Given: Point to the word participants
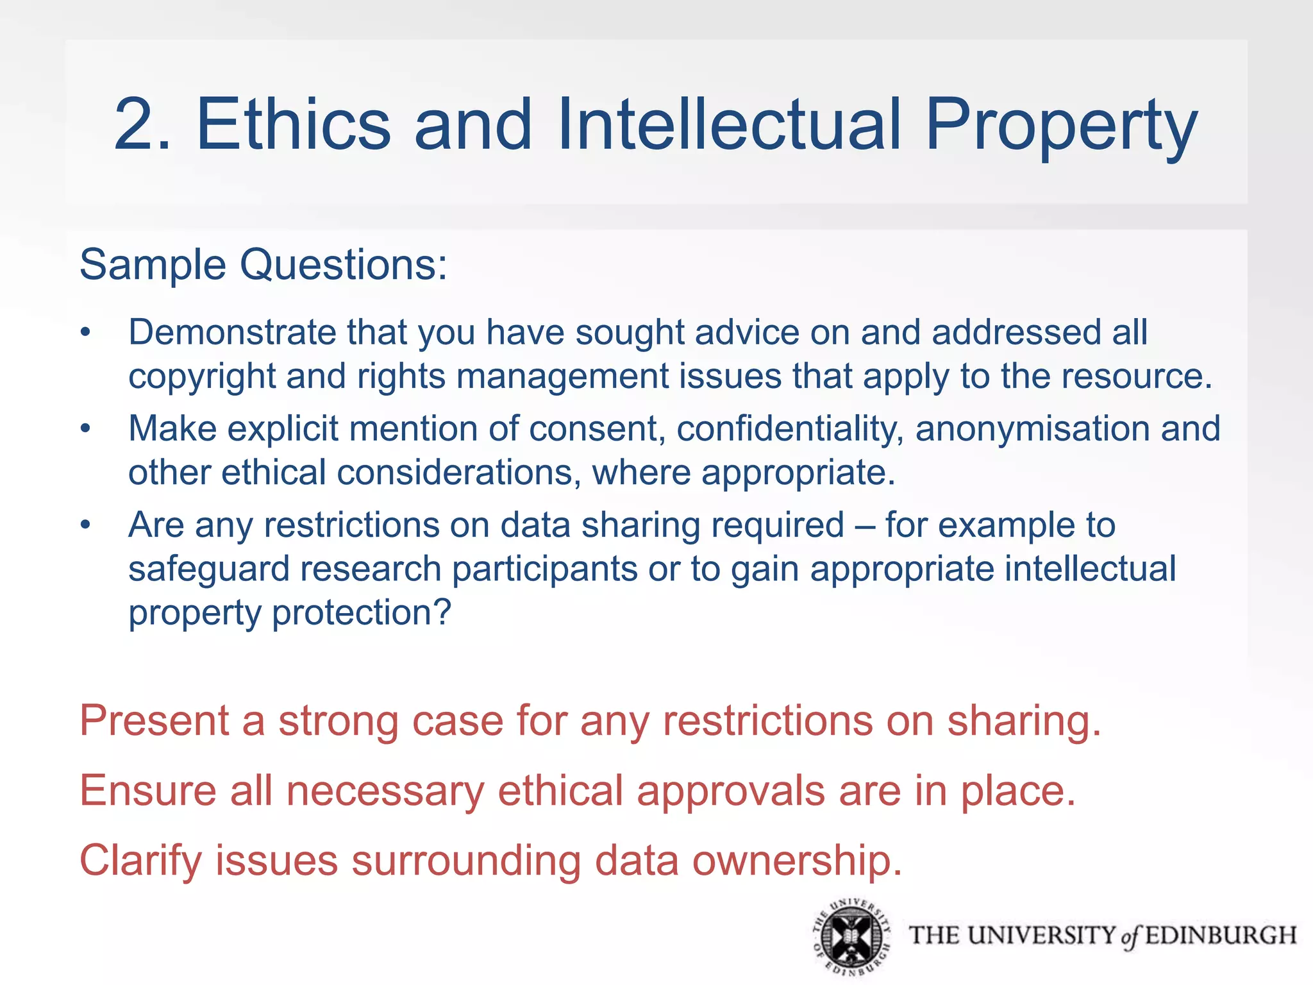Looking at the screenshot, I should pos(544,569).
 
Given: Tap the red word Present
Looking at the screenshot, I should pos(154,721).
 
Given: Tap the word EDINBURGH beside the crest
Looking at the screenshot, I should pos(1221,936).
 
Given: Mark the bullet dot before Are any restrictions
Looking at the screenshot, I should pos(86,525).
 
